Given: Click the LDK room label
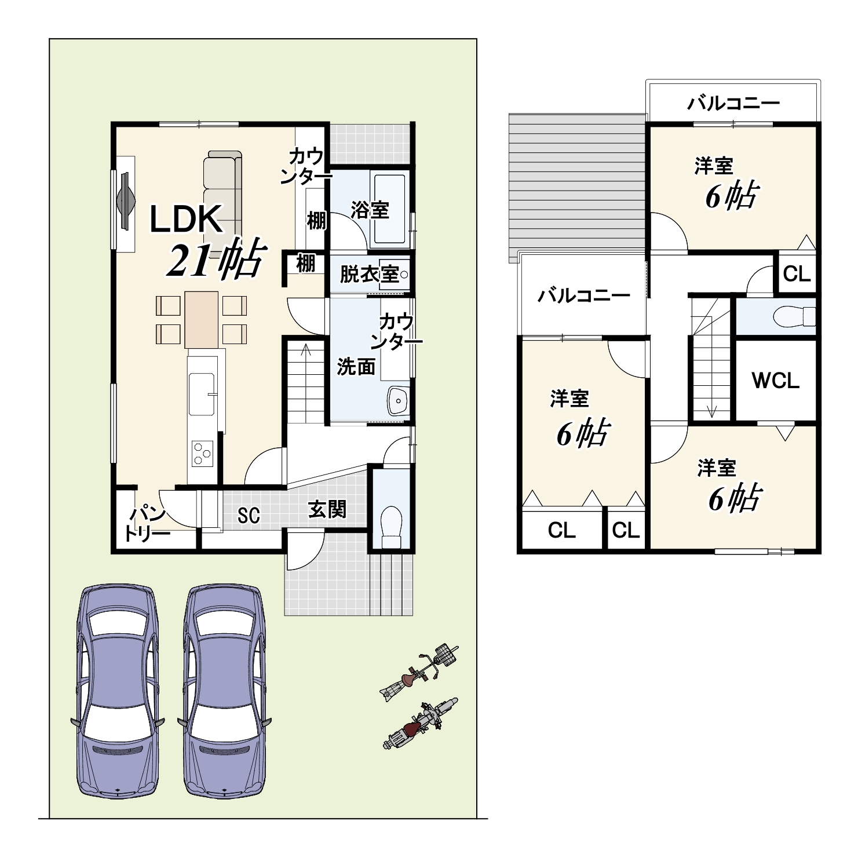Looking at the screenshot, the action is coord(186,220).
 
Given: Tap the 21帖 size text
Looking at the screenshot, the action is coord(217,259).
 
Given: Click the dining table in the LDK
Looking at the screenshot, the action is coord(202,320).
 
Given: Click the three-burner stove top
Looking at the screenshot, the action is coord(202,452).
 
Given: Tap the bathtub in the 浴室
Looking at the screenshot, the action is coord(389,209).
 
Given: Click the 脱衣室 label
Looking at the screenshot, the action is coord(369,274).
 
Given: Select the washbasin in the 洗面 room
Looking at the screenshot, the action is coord(398,400).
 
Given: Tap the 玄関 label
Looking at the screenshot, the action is coord(327,509).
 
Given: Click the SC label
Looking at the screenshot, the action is coord(249,515).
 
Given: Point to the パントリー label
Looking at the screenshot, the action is coord(147,524).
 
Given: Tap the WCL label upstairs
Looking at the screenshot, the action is coord(776,380).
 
